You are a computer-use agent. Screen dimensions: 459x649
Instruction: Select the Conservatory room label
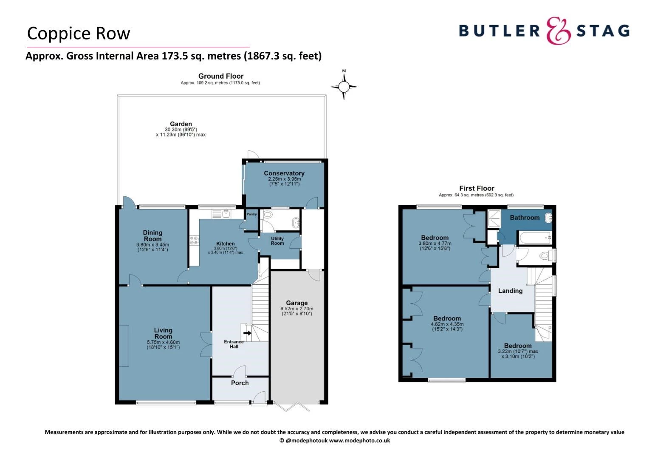(x=284, y=173)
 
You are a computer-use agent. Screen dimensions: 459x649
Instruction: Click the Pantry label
(x=251, y=214)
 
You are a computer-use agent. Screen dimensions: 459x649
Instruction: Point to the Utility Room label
(x=277, y=241)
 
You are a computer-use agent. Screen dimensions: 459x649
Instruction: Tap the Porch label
(x=240, y=383)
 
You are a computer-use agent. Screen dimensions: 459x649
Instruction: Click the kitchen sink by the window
(x=221, y=214)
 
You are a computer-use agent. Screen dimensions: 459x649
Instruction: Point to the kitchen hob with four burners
(x=194, y=241)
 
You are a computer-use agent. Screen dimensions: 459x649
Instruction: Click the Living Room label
(x=163, y=333)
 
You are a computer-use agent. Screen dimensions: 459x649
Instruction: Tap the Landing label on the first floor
(x=510, y=291)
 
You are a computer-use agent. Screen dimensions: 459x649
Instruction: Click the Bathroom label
(x=525, y=218)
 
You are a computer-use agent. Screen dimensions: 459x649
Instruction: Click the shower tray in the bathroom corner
(x=494, y=217)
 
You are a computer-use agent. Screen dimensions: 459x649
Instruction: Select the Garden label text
(x=181, y=124)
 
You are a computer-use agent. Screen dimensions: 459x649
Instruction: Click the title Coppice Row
(x=79, y=34)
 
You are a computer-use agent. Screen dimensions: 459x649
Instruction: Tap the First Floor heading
(x=477, y=188)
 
